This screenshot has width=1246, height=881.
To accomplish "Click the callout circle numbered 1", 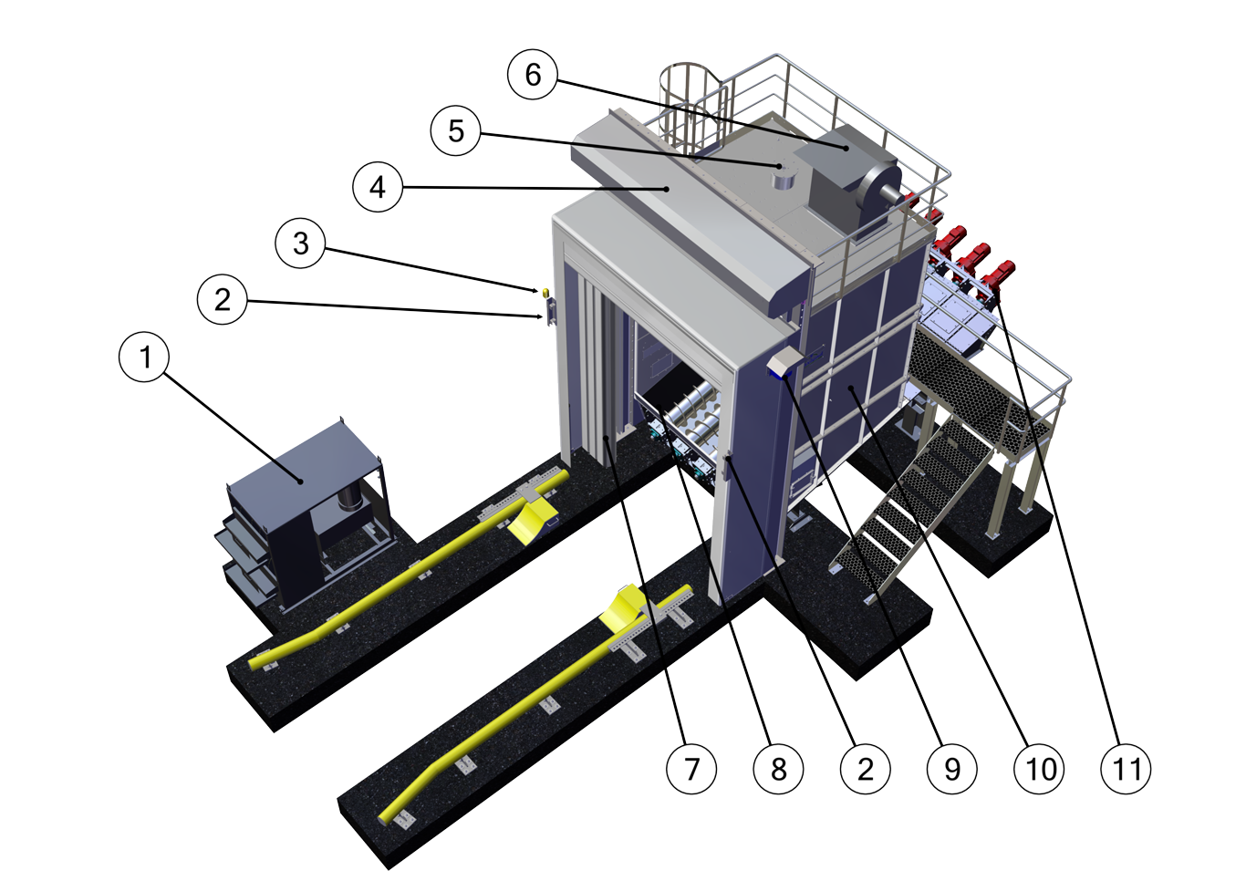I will (144, 358).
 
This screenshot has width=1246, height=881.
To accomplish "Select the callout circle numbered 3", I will (300, 244).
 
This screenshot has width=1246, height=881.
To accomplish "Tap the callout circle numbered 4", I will (378, 187).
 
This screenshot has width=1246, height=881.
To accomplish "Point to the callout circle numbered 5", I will (456, 130).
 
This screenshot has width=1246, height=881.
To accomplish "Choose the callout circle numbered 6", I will (534, 74).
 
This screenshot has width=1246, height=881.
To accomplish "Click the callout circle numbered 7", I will (691, 769).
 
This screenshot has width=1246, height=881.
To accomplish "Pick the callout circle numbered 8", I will (778, 769).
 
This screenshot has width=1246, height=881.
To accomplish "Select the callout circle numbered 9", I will (952, 769).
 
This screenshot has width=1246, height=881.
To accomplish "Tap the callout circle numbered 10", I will (1040, 769).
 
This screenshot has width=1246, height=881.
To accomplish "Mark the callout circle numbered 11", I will (1127, 769).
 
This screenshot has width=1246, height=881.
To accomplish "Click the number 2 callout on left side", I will (222, 299).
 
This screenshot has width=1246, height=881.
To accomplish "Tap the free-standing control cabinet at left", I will (301, 520).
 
